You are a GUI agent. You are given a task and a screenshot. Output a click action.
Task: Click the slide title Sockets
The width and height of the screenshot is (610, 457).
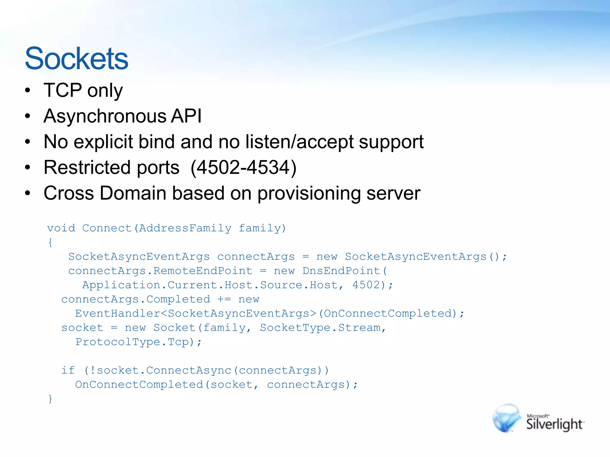77,58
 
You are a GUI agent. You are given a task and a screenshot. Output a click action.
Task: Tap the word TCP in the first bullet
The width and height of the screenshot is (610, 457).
63,90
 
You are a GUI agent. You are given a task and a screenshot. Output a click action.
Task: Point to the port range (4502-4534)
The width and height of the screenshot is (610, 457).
243,167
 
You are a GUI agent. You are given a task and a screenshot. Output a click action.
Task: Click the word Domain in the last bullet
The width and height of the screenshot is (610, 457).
133,193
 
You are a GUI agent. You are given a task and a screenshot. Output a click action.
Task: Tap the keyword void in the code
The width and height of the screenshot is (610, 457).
61,228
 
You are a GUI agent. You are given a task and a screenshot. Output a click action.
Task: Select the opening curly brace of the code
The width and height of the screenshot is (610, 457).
50,242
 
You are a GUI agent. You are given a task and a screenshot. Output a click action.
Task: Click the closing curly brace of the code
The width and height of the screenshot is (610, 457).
50,398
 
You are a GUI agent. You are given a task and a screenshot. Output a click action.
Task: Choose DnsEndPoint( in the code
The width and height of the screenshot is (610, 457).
345,271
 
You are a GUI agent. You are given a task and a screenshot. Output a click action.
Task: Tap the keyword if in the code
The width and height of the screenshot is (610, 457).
68,370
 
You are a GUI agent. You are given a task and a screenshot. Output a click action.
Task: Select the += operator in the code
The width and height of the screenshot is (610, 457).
224,299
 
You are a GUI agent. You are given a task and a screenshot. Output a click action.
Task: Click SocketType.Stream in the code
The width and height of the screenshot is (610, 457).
320,328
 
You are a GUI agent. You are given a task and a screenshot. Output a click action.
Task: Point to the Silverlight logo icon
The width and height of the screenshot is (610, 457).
507,418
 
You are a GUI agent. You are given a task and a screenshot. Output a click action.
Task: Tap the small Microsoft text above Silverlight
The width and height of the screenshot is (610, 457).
538,416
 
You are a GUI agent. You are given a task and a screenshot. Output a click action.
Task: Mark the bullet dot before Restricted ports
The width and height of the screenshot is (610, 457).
28,168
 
